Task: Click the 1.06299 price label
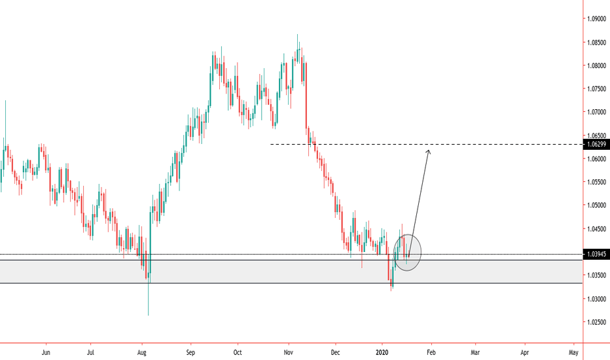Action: pos(596,144)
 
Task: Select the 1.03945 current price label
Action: pos(596,254)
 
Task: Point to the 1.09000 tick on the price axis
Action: pos(596,19)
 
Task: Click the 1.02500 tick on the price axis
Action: pos(596,322)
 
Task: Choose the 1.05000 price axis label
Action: pos(596,206)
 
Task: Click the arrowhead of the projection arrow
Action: pos(429,151)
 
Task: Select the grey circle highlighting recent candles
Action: pos(406,251)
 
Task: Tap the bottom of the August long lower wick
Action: pos(148,315)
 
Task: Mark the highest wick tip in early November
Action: pos(298,35)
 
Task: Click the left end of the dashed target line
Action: pos(271,144)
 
